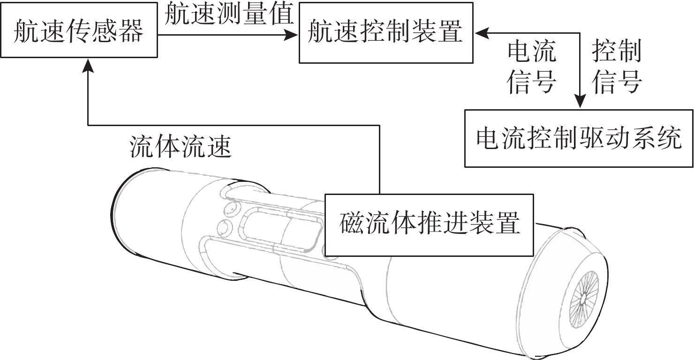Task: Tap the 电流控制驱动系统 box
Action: coord(579,138)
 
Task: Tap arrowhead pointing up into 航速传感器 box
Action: coord(88,67)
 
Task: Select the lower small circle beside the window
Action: coord(224,228)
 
